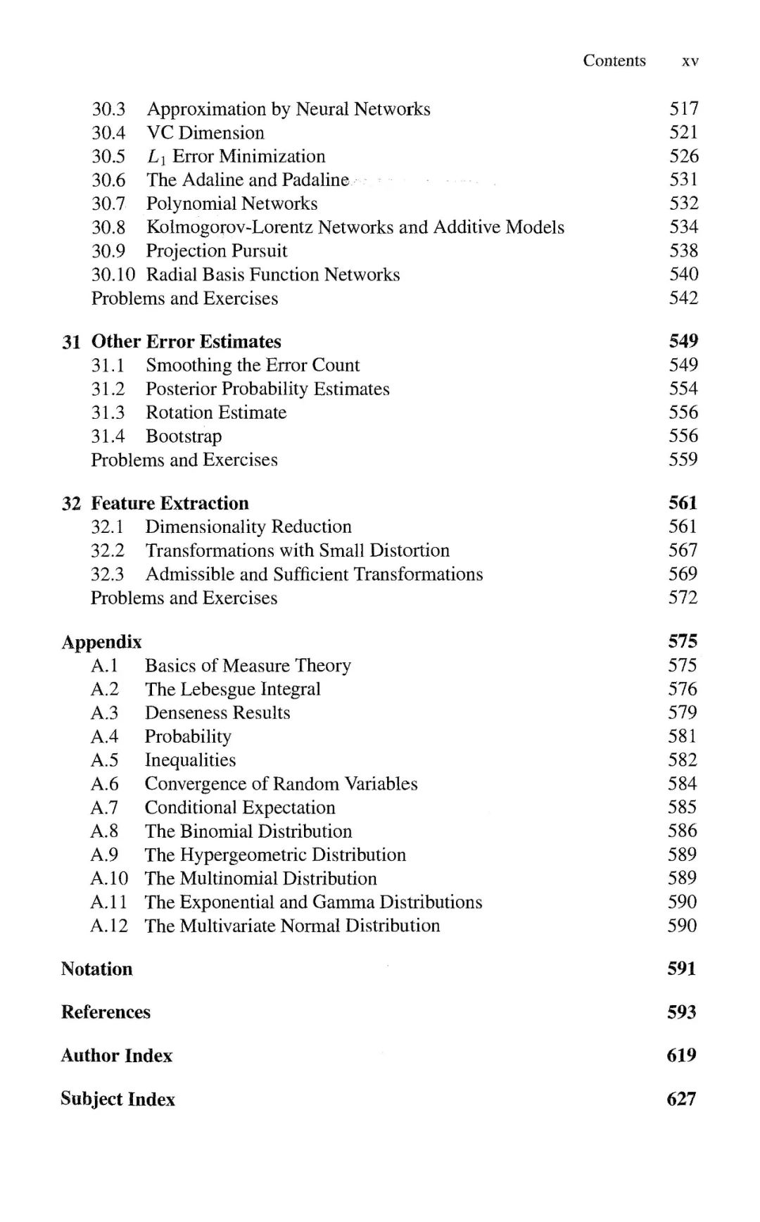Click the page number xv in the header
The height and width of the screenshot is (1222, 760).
click(690, 61)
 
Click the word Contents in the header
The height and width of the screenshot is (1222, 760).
click(614, 61)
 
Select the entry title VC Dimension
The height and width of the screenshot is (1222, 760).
click(205, 132)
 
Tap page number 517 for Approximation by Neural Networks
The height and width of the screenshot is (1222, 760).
click(683, 108)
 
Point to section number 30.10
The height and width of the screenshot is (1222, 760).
click(113, 275)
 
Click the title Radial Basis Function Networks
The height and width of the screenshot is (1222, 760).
click(273, 275)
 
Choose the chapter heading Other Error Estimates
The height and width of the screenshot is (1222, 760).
click(186, 341)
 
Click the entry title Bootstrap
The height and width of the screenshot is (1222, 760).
click(184, 436)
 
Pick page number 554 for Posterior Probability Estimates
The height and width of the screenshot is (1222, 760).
click(683, 389)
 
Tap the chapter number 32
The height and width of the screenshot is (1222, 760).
click(71, 503)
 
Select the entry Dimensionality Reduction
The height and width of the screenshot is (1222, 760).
click(248, 527)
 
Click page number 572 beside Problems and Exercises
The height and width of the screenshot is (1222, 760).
click(683, 598)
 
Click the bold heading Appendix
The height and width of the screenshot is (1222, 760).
click(101, 642)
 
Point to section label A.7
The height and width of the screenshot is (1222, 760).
click(104, 807)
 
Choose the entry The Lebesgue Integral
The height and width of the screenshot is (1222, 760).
click(233, 689)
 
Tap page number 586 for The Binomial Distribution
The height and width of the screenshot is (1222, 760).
click(682, 831)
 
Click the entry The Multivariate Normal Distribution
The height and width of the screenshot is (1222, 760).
click(292, 926)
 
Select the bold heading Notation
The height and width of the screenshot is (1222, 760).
click(96, 969)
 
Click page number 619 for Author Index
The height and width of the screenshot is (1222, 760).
click(681, 1055)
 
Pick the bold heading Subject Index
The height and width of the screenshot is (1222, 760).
click(118, 1099)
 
